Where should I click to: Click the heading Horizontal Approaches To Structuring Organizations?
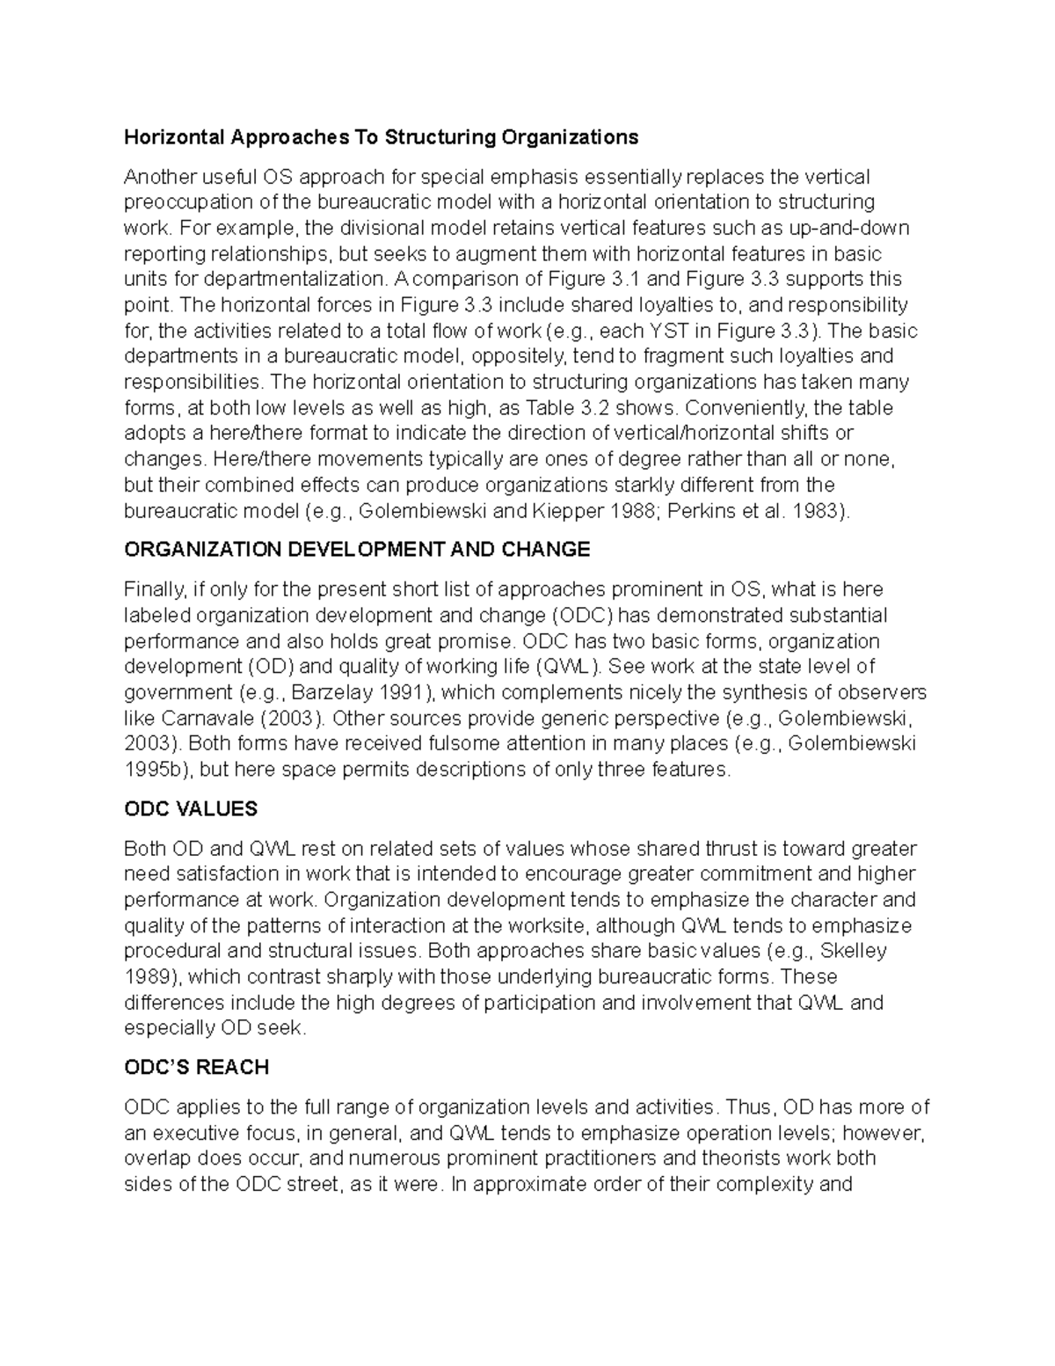coord(381,137)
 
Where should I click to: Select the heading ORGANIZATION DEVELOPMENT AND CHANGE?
coord(357,550)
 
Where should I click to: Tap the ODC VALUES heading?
coord(191,808)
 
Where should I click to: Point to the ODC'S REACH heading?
coord(196,1067)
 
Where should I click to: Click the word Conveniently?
coord(745,408)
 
